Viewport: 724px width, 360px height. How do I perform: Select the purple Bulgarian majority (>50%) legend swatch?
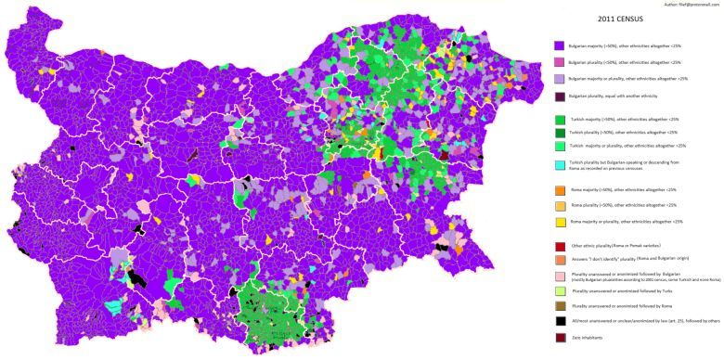pos(559,45)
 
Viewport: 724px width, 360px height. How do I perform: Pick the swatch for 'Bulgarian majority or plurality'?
pos(559,79)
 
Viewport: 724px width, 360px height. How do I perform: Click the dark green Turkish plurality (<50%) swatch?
pos(559,132)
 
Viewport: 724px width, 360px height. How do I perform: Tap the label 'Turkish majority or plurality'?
pos(627,146)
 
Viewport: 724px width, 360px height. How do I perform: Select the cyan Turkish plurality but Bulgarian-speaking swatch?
pos(559,163)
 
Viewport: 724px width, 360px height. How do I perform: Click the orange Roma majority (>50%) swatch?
pos(559,189)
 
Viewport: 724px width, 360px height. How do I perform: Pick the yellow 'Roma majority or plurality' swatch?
pos(559,222)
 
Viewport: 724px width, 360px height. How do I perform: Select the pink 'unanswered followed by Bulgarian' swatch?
pos(559,276)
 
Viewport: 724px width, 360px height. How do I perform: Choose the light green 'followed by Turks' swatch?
pos(559,290)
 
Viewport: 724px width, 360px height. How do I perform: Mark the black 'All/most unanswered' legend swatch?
pos(559,320)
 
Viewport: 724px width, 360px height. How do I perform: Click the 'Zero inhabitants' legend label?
pos(584,336)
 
